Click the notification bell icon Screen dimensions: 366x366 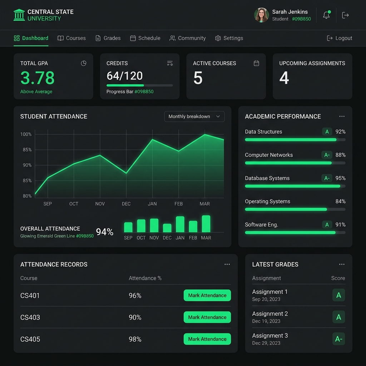pos(327,15)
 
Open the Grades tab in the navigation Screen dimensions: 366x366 pos(108,38)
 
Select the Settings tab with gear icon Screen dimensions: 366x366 pos(229,38)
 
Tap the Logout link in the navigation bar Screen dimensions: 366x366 pos(340,38)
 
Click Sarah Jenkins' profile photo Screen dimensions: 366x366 pos(261,15)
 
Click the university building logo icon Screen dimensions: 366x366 pos(19,15)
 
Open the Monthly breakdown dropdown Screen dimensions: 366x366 pos(194,117)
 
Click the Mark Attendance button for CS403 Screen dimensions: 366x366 pos(207,317)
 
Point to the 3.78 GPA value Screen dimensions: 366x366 pos(37,78)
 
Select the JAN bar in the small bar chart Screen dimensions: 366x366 pos(180,224)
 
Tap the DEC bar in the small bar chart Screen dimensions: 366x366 pos(167,228)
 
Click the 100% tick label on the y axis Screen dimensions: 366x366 pos(26,134)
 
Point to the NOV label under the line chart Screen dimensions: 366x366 pos(100,204)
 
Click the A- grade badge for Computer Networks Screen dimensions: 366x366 pos(327,155)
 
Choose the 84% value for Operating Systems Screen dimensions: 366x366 pos(340,201)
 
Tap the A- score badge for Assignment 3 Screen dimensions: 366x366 pos(339,339)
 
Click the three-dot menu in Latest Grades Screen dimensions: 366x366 pos(342,264)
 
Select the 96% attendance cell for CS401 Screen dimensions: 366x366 pos(135,296)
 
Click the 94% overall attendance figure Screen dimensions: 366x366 pos(105,232)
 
